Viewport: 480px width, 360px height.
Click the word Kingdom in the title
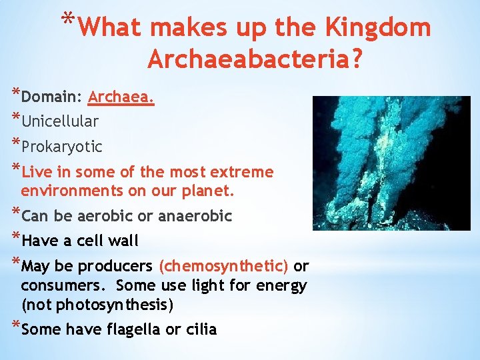(x=377, y=27)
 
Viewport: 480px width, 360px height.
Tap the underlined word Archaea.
(x=121, y=97)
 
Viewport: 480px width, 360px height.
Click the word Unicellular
(x=60, y=121)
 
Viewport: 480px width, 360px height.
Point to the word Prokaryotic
(x=62, y=146)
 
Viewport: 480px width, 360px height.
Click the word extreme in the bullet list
(x=241, y=172)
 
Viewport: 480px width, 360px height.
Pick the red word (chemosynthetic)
(x=223, y=266)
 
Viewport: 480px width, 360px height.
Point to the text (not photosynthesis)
(x=97, y=305)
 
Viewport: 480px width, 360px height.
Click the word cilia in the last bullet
(x=201, y=330)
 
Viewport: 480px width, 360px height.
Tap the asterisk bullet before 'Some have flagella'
(x=15, y=327)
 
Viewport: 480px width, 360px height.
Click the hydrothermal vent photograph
(x=391, y=163)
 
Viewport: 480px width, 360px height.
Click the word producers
(x=115, y=266)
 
